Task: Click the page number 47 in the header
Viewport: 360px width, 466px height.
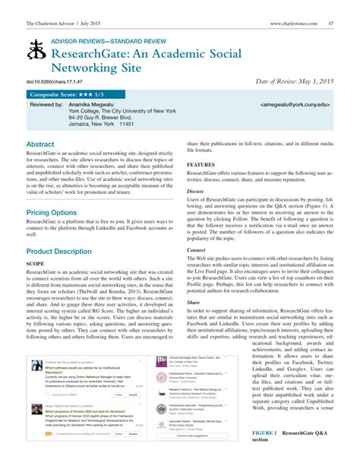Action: point(331,24)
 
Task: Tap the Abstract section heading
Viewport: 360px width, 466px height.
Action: point(40,144)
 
